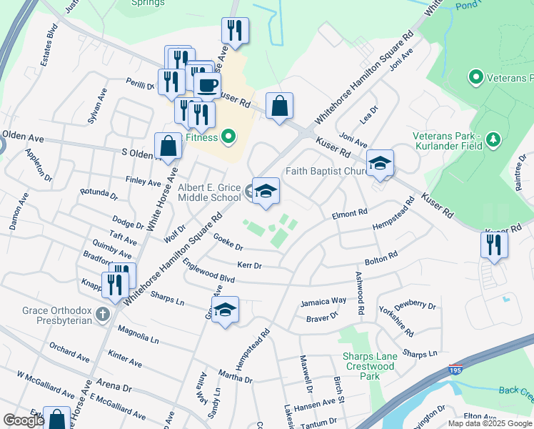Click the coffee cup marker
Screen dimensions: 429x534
coord(207,85)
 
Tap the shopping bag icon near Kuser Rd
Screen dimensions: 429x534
coord(279,106)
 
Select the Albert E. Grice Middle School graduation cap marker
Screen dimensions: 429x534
coord(266,191)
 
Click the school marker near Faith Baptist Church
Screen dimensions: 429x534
coord(381,163)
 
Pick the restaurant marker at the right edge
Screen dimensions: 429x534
coord(494,245)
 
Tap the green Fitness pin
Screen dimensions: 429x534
coord(228,135)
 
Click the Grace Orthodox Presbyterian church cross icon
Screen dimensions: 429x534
coord(104,313)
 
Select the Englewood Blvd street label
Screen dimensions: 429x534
coord(208,271)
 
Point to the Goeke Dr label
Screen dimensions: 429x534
coord(228,243)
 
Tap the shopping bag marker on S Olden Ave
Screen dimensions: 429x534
coord(168,147)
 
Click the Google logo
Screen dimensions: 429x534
coord(24,420)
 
